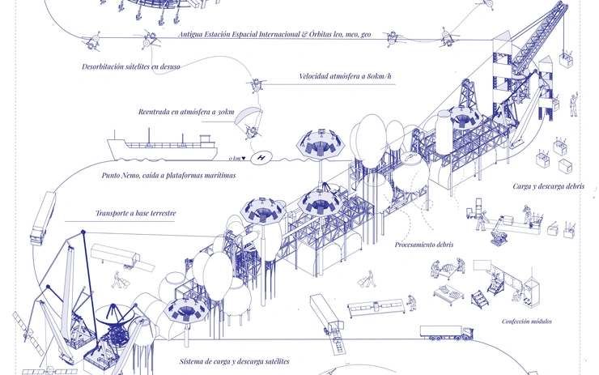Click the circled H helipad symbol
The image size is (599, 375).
coord(261,157)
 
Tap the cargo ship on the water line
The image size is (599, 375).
coord(163,148)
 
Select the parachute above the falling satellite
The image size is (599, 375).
coord(249,115)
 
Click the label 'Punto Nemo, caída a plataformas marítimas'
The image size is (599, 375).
coord(168,176)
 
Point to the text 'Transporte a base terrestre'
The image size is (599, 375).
coord(136,213)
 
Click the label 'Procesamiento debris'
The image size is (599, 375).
coord(424,245)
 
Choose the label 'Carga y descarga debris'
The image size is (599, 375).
coord(549,186)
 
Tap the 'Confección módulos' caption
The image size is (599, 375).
coord(527,322)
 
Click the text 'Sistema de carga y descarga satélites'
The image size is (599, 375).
coord(235,361)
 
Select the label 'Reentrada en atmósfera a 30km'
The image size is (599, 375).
coord(186,112)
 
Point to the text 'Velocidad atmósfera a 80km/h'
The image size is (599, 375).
coord(346,76)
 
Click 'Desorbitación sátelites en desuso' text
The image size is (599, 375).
coord(130,66)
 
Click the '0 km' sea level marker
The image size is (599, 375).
coord(237,158)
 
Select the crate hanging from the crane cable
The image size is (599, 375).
coord(566,61)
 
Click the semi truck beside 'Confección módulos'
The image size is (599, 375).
coord(447,333)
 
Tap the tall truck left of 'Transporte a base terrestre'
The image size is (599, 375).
coord(43,218)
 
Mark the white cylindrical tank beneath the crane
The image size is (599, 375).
coord(444,133)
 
